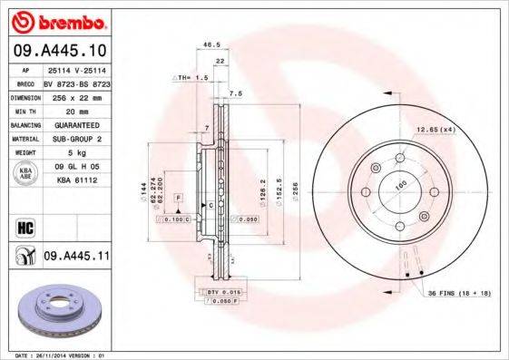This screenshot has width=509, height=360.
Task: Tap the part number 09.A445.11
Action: tap(75, 257)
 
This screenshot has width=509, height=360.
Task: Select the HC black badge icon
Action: tap(24, 226)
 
